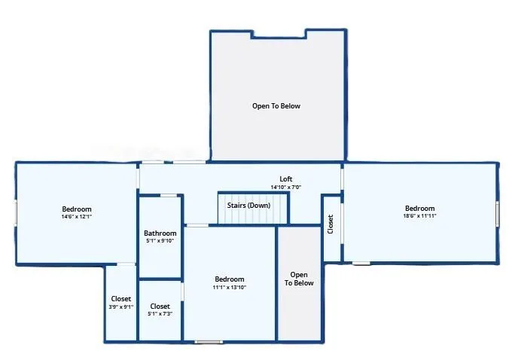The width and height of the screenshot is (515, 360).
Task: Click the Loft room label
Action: (x=286, y=179)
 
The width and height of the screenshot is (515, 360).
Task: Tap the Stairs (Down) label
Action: (x=248, y=206)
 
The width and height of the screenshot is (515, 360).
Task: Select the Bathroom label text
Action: (x=160, y=233)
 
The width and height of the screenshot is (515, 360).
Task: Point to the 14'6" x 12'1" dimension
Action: (x=77, y=217)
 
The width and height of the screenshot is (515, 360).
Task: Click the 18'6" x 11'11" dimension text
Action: (x=419, y=216)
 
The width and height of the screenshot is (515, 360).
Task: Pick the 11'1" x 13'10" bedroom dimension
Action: (x=229, y=288)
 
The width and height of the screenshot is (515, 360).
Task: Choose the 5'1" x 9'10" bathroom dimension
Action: (x=160, y=241)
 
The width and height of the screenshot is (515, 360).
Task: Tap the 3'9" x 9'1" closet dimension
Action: (x=121, y=307)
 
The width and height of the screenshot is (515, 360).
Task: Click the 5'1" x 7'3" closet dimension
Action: (x=160, y=314)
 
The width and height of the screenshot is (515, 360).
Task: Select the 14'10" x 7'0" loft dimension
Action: (x=286, y=188)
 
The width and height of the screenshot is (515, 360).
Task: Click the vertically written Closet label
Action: (x=331, y=224)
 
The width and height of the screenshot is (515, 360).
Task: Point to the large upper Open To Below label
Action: (x=276, y=106)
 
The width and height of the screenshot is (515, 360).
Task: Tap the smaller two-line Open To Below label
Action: (x=299, y=279)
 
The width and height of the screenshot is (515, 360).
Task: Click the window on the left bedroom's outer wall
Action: (x=16, y=213)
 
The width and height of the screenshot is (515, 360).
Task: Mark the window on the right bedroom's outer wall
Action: (x=497, y=213)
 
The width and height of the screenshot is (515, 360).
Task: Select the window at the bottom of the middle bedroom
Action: (x=209, y=342)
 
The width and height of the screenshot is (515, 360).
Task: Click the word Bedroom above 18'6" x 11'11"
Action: (x=419, y=209)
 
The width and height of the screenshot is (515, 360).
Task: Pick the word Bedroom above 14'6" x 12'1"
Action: (x=77, y=209)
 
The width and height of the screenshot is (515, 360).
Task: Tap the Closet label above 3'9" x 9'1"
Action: (x=121, y=299)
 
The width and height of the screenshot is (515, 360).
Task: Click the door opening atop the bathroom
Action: (x=168, y=195)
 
